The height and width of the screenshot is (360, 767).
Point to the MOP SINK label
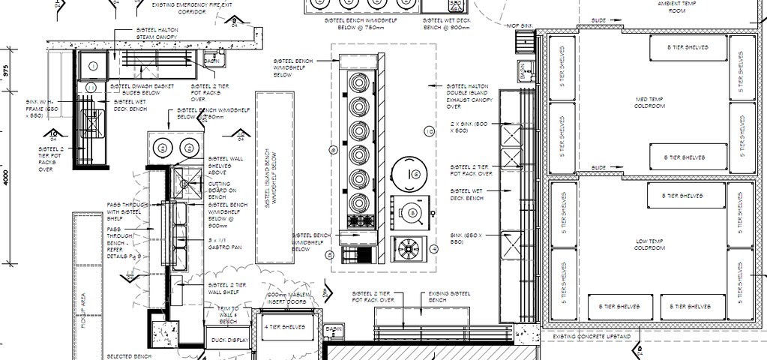click(519, 26)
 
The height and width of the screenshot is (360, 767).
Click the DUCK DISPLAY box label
click(228, 340)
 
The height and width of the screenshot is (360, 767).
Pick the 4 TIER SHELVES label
click(282, 327)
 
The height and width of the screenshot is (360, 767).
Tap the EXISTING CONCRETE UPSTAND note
click(592, 337)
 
